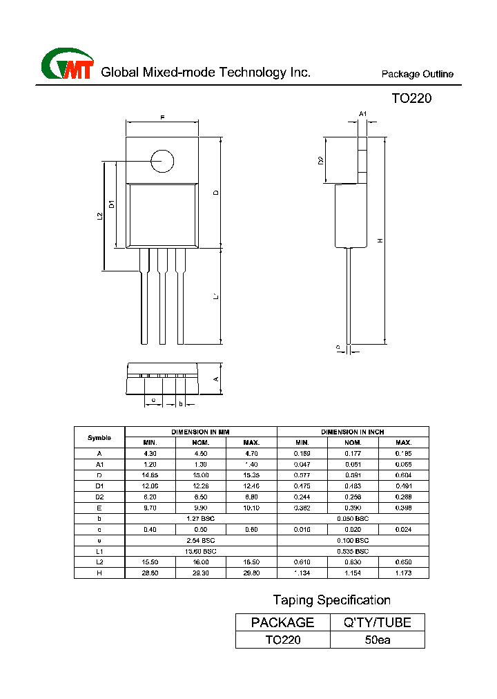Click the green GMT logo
[67, 66]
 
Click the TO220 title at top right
[411, 98]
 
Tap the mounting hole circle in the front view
[162, 161]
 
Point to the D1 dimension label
[112, 204]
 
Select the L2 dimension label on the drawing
[99, 216]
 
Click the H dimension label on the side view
[379, 240]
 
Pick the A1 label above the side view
[363, 113]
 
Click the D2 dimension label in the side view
[320, 160]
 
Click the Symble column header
[99, 437]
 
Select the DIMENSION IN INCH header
[353, 432]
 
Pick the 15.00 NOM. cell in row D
[201, 475]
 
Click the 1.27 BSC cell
[201, 517]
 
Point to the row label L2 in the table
[99, 562]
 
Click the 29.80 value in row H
[251, 573]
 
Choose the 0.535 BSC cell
[353, 550]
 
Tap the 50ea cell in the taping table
[378, 640]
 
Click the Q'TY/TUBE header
[378, 622]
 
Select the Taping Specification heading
[331, 600]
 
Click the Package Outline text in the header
[418, 75]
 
